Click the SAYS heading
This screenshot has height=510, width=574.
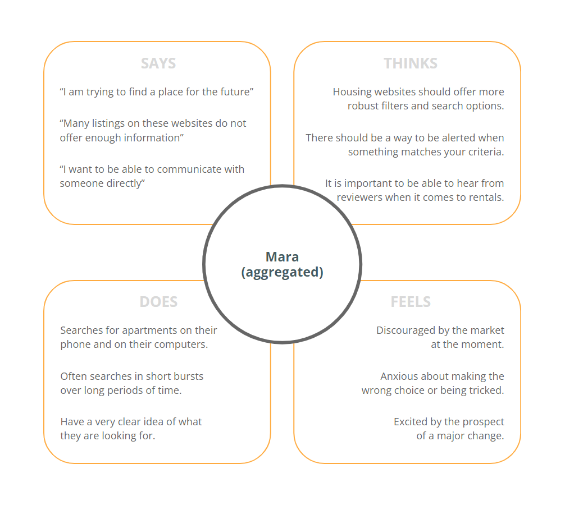[158, 63]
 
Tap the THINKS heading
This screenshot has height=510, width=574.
[411, 63]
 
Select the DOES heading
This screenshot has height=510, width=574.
[158, 302]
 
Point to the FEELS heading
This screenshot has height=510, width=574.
[411, 302]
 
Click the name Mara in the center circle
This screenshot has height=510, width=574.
[282, 257]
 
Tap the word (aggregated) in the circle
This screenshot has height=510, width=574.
[282, 273]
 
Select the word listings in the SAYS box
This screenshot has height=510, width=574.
[111, 123]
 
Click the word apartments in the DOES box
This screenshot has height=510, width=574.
[147, 330]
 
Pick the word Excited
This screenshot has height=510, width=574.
[412, 422]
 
